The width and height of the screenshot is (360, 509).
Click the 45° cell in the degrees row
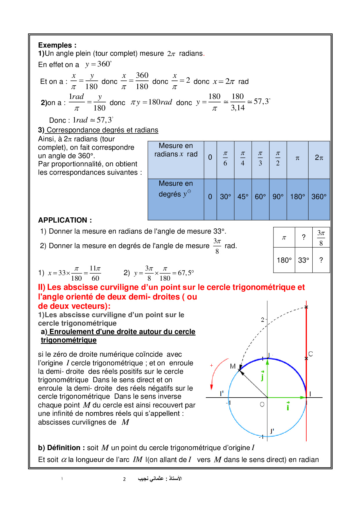pos(243,197)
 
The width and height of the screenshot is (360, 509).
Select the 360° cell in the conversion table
pos(319,197)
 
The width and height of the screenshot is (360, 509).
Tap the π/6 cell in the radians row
pos(225,158)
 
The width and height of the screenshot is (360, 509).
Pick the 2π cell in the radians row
pos(319,158)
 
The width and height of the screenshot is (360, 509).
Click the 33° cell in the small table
pos(303,260)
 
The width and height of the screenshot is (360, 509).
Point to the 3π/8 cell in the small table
pos(321,238)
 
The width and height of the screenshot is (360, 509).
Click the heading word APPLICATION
pos(63,220)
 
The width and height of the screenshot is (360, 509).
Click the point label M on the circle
pos(233,366)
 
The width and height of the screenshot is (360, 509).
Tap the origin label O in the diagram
pos(262,404)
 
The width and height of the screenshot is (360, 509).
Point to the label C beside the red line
pos(311,354)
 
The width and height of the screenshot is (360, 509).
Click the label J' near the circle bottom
pos(272,431)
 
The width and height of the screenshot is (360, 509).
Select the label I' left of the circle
pos(222,394)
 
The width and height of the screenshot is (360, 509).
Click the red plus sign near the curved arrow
pos(211,365)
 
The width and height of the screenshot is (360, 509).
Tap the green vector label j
pos(262,376)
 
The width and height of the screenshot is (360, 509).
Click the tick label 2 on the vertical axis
pos(262,320)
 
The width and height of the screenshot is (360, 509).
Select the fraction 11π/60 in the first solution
pos(95,273)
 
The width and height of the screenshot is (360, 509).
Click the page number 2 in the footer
pos(124,479)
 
